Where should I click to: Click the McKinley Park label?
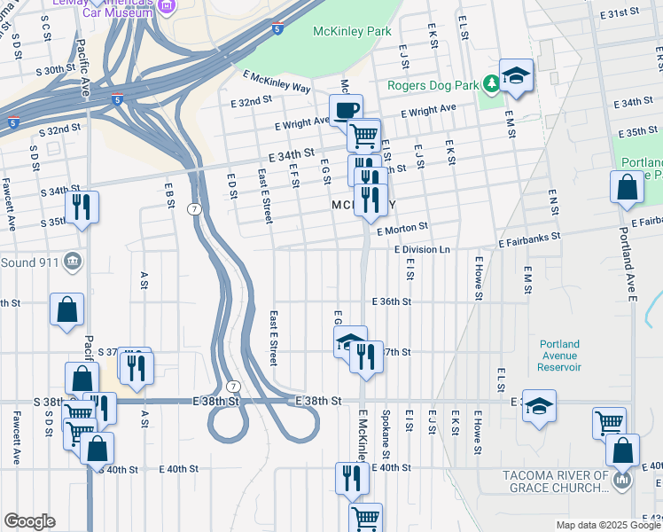[352, 31]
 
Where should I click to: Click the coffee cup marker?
[346, 110]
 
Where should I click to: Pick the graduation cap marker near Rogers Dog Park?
[515, 76]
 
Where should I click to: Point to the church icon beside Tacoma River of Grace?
[621, 481]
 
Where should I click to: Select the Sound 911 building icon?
[74, 262]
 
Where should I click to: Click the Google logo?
[29, 521]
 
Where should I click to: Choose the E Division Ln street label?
[423, 250]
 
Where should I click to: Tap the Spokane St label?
[386, 430]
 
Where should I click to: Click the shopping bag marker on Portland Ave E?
[627, 187]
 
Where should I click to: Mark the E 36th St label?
[392, 301]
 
